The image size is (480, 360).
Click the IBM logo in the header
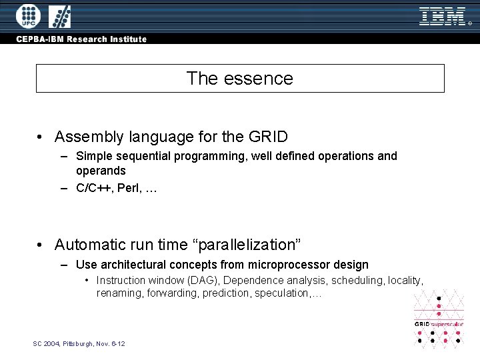coord(442,16)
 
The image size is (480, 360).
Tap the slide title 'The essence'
coord(240,79)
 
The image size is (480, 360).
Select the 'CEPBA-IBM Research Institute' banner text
coord(82,39)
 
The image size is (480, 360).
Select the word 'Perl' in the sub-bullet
coord(132,188)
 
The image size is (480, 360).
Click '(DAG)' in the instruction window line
coord(204,281)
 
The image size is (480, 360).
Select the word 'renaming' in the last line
coord(119,293)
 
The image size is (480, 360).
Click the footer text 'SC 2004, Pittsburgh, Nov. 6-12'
coord(79,343)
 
